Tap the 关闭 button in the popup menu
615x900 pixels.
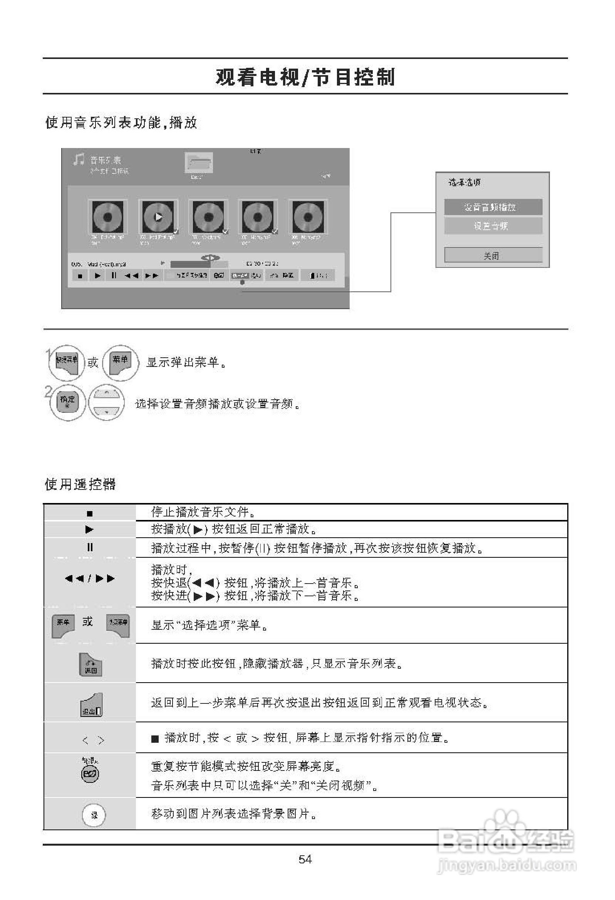point(493,256)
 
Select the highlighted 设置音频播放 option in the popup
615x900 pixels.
point(493,207)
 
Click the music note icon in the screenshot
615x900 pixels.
point(79,159)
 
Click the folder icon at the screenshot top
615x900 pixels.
point(199,163)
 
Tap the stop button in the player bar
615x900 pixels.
point(80,276)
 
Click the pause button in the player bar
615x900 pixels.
point(113,276)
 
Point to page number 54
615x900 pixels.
point(305,860)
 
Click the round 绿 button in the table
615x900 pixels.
point(94,815)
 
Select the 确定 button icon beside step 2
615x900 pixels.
point(67,402)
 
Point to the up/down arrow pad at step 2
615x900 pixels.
point(106,403)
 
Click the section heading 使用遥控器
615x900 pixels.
point(80,484)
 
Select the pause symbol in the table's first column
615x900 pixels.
point(90,547)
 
